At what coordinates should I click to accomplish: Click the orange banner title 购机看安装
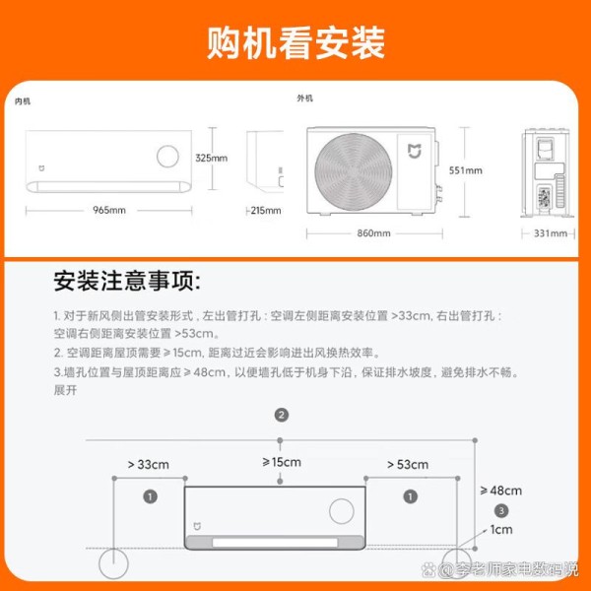point(295,42)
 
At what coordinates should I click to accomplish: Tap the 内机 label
point(23,101)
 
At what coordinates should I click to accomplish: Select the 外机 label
point(304,98)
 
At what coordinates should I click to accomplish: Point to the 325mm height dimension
point(211,158)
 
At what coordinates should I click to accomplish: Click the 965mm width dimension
point(109,210)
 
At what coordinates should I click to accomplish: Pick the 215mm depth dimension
point(266,211)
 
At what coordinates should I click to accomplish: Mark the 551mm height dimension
point(466,170)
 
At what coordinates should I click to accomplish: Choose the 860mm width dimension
point(373,233)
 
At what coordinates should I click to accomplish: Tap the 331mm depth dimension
point(551,233)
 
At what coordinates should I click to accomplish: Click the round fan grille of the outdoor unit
point(354,171)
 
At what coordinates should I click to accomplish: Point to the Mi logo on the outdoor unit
point(415,151)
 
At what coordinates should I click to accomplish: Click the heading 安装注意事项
point(127,281)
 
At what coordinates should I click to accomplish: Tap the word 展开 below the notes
point(65,390)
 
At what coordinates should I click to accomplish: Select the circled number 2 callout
point(281,415)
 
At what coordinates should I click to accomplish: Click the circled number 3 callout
point(501,510)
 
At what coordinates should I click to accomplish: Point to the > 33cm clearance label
point(148,464)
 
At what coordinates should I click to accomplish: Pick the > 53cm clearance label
point(408,464)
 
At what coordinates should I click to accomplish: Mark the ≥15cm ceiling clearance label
point(282,462)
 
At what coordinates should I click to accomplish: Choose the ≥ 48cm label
point(501,491)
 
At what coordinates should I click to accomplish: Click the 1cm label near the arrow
point(501,530)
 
